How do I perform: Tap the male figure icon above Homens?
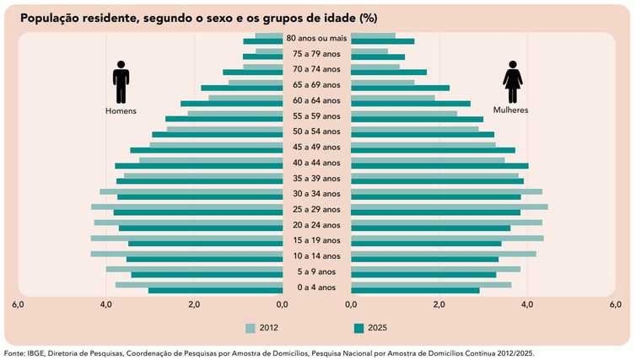(121, 82)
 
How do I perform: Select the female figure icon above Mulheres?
(512, 82)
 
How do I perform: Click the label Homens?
(121, 110)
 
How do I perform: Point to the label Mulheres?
(511, 110)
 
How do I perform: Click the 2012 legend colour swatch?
(250, 328)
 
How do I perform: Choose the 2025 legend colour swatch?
(358, 328)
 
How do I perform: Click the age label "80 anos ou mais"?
(316, 39)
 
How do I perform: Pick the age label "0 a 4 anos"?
(315, 287)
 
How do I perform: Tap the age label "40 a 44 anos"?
(315, 163)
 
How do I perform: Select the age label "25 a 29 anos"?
(315, 209)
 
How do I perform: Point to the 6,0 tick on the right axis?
(616, 305)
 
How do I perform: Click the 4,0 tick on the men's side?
(105, 305)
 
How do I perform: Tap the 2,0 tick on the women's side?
(439, 305)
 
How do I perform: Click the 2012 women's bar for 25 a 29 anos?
(449, 207)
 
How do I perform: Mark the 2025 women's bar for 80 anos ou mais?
(382, 41)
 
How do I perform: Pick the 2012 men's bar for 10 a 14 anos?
(186, 253)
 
